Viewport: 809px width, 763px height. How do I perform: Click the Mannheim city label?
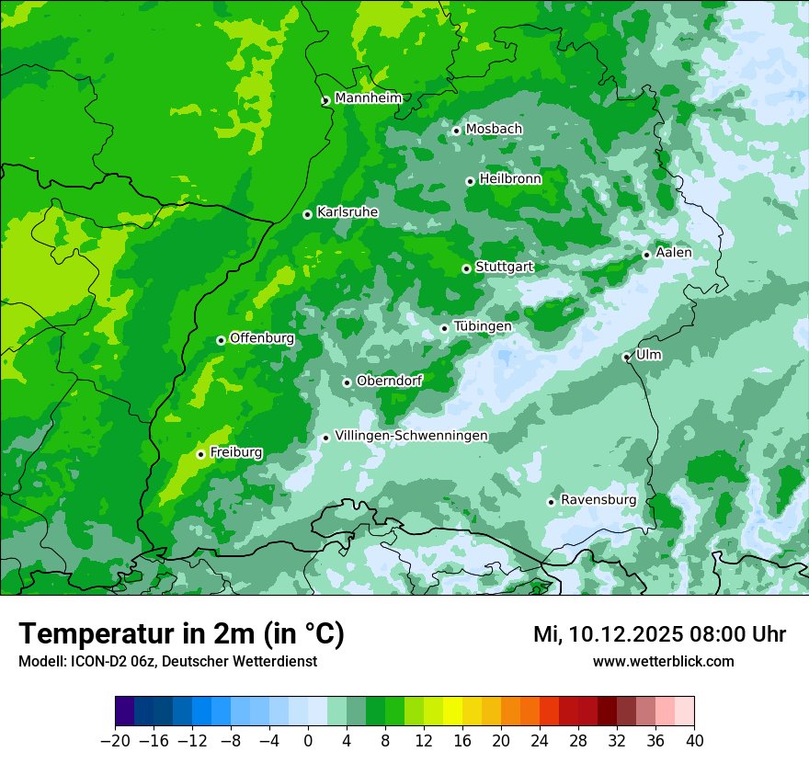click(368, 98)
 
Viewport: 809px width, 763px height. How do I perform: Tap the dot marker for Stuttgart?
click(466, 268)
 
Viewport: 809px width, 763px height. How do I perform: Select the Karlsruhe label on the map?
click(348, 212)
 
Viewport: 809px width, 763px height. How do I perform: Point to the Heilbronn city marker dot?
click(470, 181)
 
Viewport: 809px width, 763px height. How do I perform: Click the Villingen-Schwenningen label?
click(411, 436)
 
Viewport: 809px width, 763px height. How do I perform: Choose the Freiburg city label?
click(235, 452)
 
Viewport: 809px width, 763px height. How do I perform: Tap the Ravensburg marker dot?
click(551, 502)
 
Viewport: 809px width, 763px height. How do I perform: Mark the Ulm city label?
click(648, 355)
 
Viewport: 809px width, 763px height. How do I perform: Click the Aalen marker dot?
click(646, 255)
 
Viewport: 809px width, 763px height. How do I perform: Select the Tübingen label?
click(483, 326)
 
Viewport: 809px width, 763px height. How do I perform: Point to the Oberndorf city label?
click(389, 381)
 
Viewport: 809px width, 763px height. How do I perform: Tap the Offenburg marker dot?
click(221, 340)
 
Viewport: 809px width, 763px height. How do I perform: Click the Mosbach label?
click(494, 129)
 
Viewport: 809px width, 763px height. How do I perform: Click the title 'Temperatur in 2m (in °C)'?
click(181, 634)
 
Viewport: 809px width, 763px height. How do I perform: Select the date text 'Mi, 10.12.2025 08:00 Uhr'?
click(659, 634)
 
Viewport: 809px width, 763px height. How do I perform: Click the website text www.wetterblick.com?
click(663, 662)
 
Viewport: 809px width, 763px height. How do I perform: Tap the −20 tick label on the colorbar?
click(116, 741)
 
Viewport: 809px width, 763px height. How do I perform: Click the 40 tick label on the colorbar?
click(694, 741)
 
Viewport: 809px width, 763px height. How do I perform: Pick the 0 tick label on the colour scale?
click(308, 741)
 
